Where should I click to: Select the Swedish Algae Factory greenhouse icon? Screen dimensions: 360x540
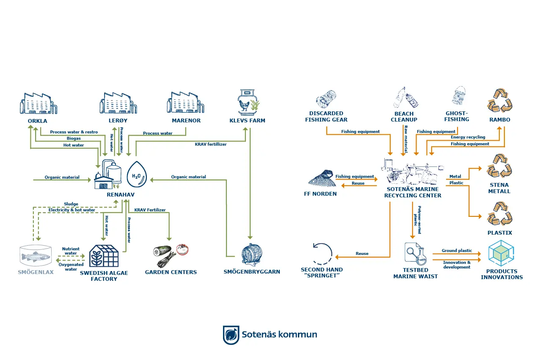(x=103, y=256)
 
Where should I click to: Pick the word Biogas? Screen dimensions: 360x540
(x=73, y=138)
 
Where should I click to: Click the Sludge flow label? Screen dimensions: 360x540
(x=71, y=204)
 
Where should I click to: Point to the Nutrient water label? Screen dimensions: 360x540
(x=71, y=251)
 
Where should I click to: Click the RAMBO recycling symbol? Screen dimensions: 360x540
(x=499, y=100)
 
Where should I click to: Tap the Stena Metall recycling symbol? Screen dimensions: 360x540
(x=499, y=166)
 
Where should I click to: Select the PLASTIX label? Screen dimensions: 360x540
(x=500, y=233)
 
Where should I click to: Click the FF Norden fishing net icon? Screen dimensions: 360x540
(x=322, y=178)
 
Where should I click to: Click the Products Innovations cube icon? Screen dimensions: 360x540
(x=501, y=253)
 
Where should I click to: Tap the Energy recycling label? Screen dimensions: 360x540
(x=468, y=137)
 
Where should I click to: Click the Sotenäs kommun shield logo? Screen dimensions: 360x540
(x=231, y=335)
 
